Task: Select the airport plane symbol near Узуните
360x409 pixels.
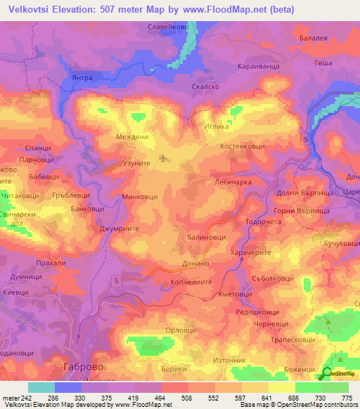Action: coord(164,157)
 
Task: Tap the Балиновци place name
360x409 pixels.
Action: coord(206,238)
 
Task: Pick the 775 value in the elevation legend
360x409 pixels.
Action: coord(347,397)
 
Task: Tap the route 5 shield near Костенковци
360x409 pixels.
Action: coord(305,141)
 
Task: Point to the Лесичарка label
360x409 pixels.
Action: coord(229,181)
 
